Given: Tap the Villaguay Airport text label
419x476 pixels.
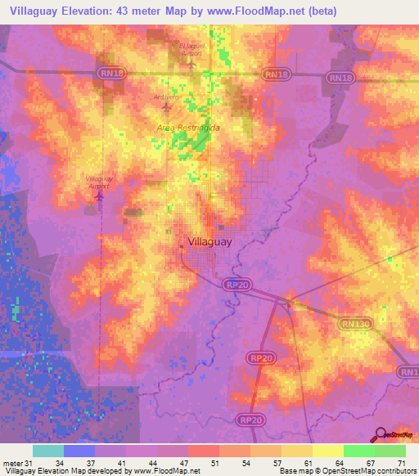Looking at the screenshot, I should click(98, 182).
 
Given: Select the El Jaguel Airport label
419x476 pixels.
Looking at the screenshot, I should click(191, 48).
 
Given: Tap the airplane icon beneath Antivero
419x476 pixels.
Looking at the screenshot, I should click(167, 106).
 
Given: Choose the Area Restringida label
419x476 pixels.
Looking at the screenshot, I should click(189, 128).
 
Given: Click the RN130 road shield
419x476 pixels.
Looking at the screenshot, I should click(354, 324).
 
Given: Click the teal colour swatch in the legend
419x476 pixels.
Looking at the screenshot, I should click(48, 451).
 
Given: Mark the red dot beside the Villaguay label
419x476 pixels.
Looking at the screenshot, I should click(181, 244).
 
